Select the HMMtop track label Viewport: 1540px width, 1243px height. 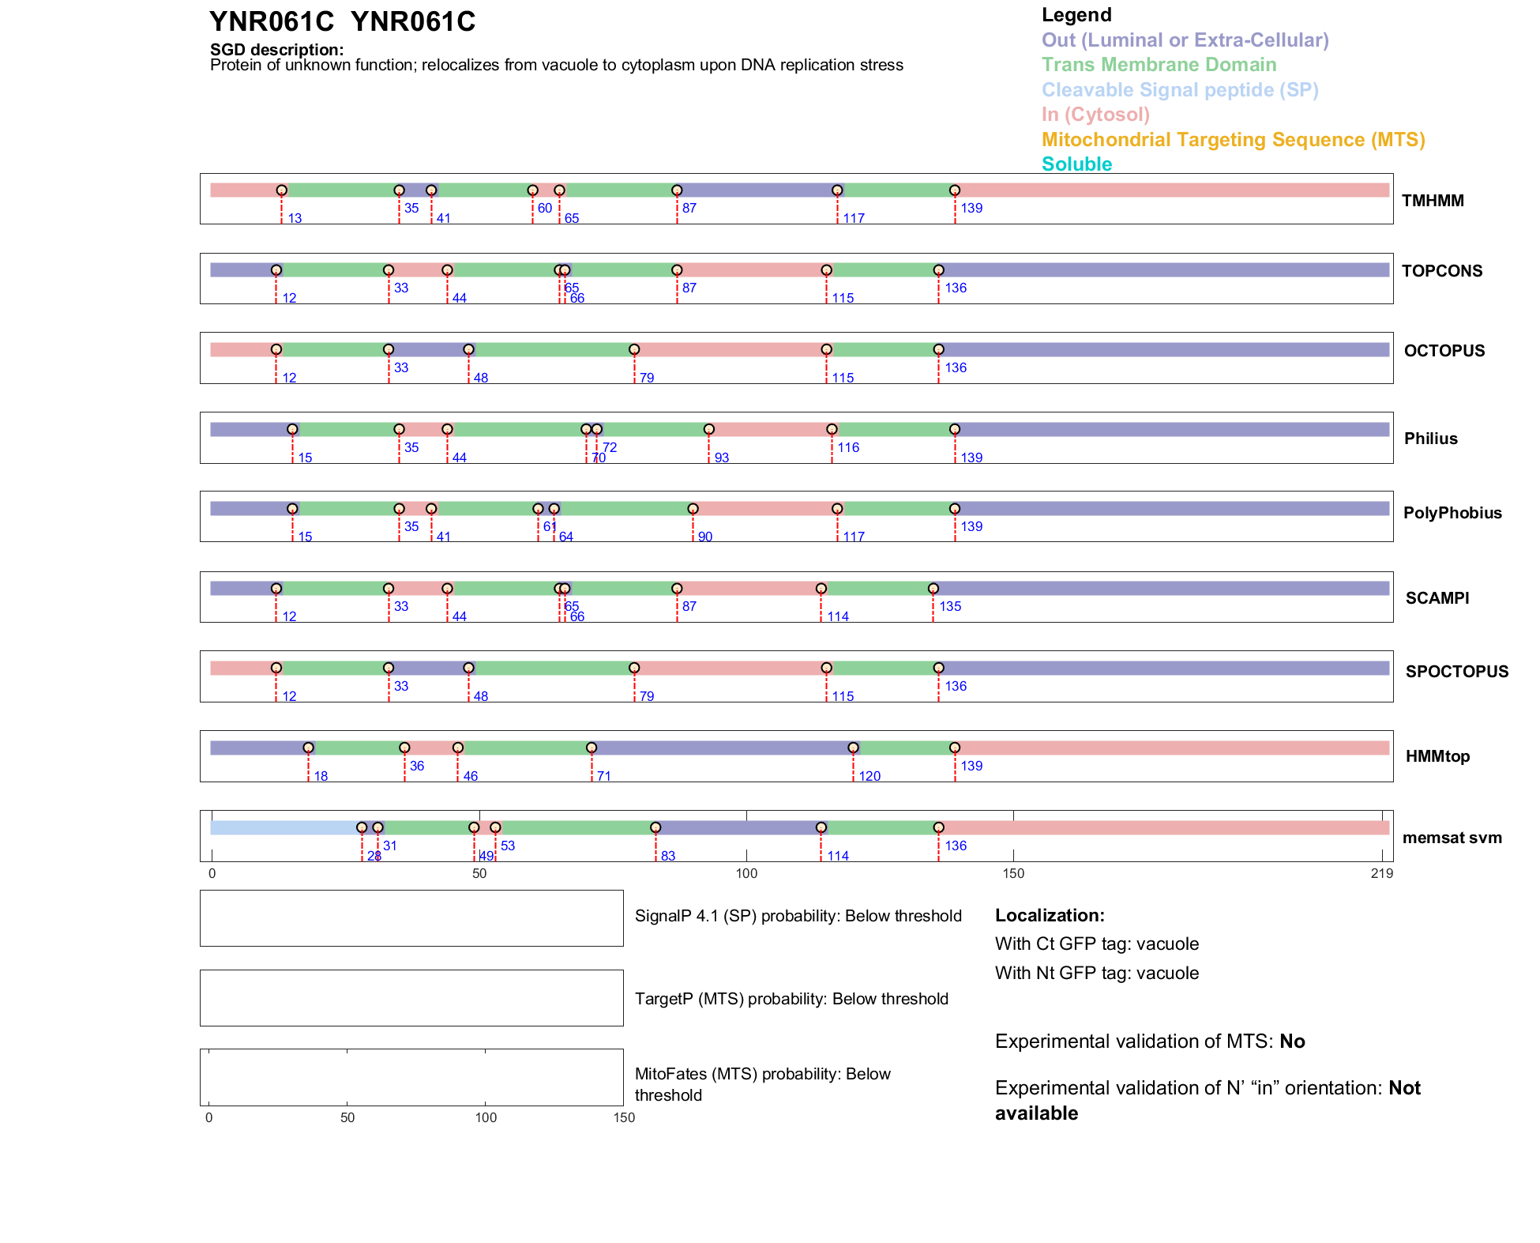pos(1437,756)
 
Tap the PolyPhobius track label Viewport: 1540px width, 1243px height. pos(1452,513)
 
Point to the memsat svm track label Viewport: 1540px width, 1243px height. pos(1452,838)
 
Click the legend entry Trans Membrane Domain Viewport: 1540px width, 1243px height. pos(1159,65)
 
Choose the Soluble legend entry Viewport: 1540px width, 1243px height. pos(1076,164)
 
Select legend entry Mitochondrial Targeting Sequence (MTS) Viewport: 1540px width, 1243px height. pos(1233,140)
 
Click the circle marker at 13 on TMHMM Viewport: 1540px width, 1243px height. pos(281,190)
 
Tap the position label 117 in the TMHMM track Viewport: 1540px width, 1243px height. pos(853,218)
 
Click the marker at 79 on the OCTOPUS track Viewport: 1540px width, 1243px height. pos(634,349)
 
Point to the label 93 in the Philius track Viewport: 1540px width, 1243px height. pos(721,458)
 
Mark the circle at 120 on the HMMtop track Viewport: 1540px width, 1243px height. pos(853,748)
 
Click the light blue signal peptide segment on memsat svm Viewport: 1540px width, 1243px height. pos(284,827)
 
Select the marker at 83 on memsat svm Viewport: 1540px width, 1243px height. pos(655,827)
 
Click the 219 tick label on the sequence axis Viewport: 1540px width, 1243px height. pos(1381,873)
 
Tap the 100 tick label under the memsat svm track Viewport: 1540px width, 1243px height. pos(746,873)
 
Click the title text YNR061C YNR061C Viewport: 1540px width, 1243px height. pos(342,22)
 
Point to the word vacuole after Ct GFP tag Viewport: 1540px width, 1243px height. pos(1166,944)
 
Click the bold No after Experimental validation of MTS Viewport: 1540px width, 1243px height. pos(1292,1041)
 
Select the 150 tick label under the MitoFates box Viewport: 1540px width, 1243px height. pos(623,1117)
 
